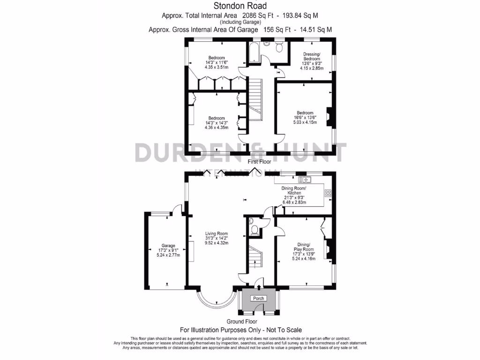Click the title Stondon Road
pos(240,6)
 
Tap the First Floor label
pos(259,162)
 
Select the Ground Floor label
pos(242,322)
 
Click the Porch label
pos(258,298)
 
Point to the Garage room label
pos(168,246)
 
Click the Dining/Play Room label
pos(304,247)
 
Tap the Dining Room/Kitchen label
pos(294,191)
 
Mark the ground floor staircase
pos(255,257)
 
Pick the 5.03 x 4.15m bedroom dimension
pos(305,122)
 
